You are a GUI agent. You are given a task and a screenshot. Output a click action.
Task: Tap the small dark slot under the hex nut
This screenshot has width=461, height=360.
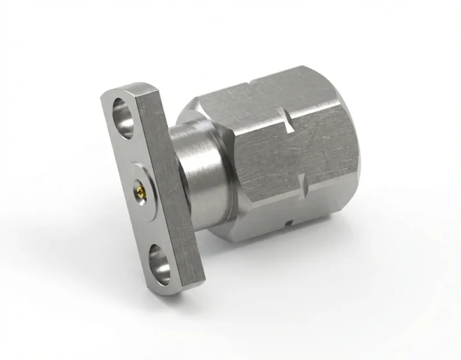pos(289,223)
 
